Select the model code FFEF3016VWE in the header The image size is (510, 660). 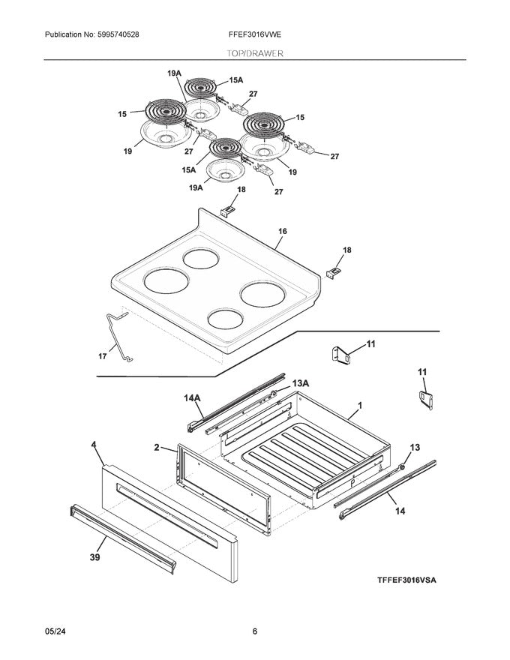click(x=255, y=34)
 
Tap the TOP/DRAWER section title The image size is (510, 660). click(x=255, y=53)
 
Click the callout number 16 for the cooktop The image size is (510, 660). click(x=282, y=231)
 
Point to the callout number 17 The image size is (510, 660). click(x=103, y=356)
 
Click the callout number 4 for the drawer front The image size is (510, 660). click(x=94, y=445)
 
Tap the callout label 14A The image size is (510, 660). click(x=192, y=397)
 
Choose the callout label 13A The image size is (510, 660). click(x=301, y=383)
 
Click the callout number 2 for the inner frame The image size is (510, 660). click(x=157, y=447)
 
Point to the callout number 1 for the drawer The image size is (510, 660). click(x=360, y=405)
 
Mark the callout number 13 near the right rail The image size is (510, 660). click(x=415, y=447)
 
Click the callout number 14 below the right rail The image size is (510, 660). click(x=400, y=511)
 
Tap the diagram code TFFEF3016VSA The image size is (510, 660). click(x=406, y=580)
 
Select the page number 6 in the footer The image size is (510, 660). click(x=254, y=631)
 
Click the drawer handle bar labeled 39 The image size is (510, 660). click(x=123, y=539)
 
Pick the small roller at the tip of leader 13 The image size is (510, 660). click(x=402, y=466)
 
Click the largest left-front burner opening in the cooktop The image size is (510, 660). click(x=166, y=280)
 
